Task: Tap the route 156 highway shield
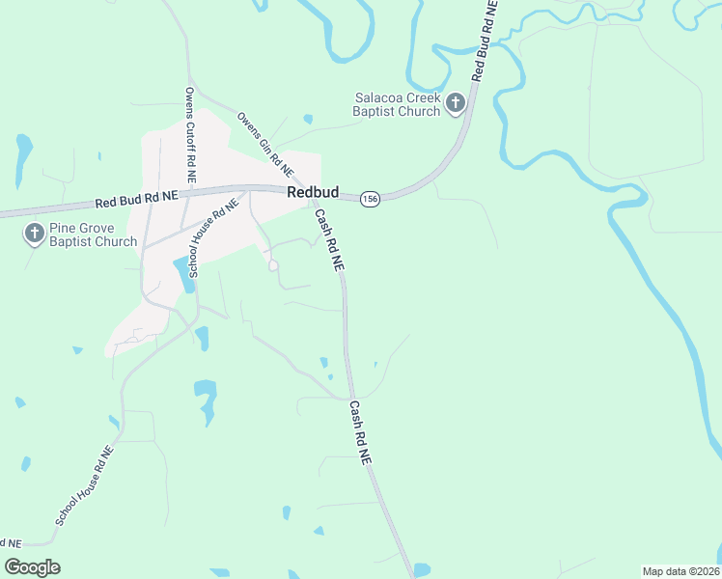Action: coord(371,198)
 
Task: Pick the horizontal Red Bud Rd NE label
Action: coord(137,198)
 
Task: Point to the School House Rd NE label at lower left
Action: coord(85,485)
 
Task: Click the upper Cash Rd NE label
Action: coord(330,241)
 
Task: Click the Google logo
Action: coord(32,567)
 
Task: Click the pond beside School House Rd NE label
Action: coord(181,275)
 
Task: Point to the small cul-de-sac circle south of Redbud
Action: coord(273,265)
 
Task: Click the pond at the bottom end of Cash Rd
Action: coord(421,569)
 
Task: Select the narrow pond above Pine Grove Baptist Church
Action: coord(23,154)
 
